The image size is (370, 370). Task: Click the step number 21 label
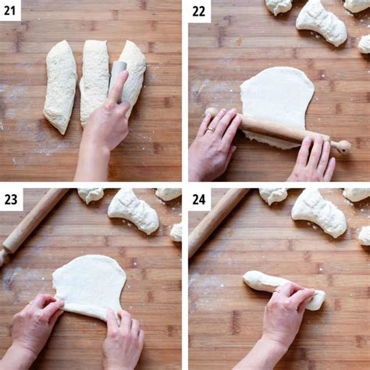pyautogui.click(x=11, y=10)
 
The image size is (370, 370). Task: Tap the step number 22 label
pyautogui.click(x=200, y=10)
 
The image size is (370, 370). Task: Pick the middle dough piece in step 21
pyautogui.click(x=94, y=78)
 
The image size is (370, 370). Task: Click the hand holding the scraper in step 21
pyautogui.click(x=107, y=125)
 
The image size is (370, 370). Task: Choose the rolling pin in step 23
pyautogui.click(x=31, y=222)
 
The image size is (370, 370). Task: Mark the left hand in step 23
pyautogui.click(x=35, y=324)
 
